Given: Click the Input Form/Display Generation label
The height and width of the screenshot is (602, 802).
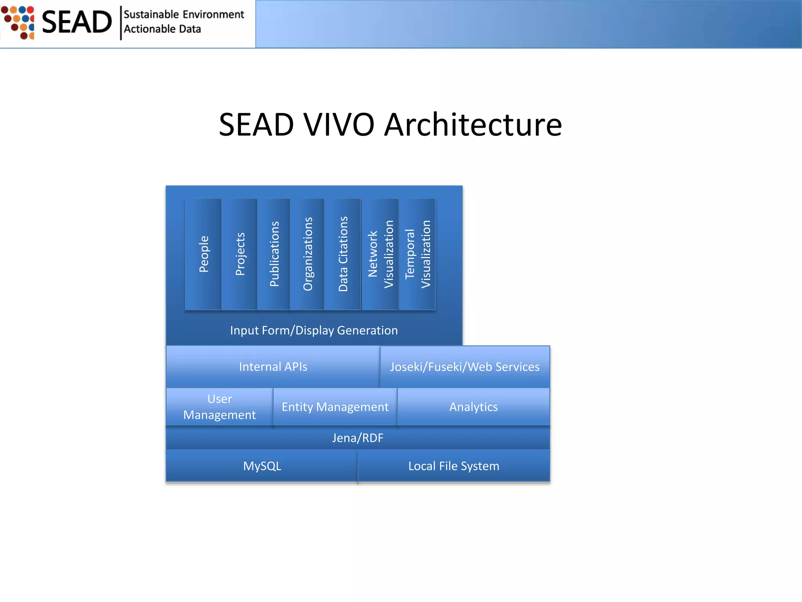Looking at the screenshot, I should click(x=314, y=330).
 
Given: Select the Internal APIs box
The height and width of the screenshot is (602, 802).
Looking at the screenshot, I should click(x=273, y=367).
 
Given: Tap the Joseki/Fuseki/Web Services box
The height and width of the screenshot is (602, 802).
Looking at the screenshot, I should click(x=465, y=367).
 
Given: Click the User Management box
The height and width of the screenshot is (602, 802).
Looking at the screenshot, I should click(x=219, y=407).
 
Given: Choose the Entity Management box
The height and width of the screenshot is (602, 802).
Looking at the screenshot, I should click(x=335, y=407).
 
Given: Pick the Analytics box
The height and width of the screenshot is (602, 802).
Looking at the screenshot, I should click(x=473, y=407).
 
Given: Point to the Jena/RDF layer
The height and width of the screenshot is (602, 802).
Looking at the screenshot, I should click(x=358, y=438).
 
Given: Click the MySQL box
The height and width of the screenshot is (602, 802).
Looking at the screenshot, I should click(x=262, y=466).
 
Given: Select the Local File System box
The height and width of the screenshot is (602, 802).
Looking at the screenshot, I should click(x=453, y=466).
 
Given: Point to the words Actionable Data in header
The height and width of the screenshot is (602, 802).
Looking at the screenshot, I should click(x=162, y=29).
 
